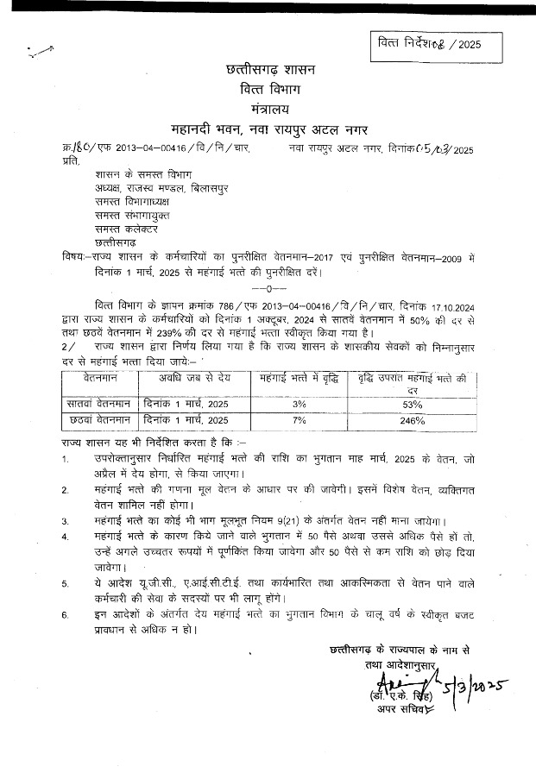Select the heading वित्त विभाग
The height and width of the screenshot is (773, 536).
point(268,91)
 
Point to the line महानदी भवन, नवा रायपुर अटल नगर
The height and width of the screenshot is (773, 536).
point(268,130)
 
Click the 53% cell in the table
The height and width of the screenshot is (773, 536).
point(413,403)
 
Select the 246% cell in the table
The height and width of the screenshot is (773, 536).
point(413,421)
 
